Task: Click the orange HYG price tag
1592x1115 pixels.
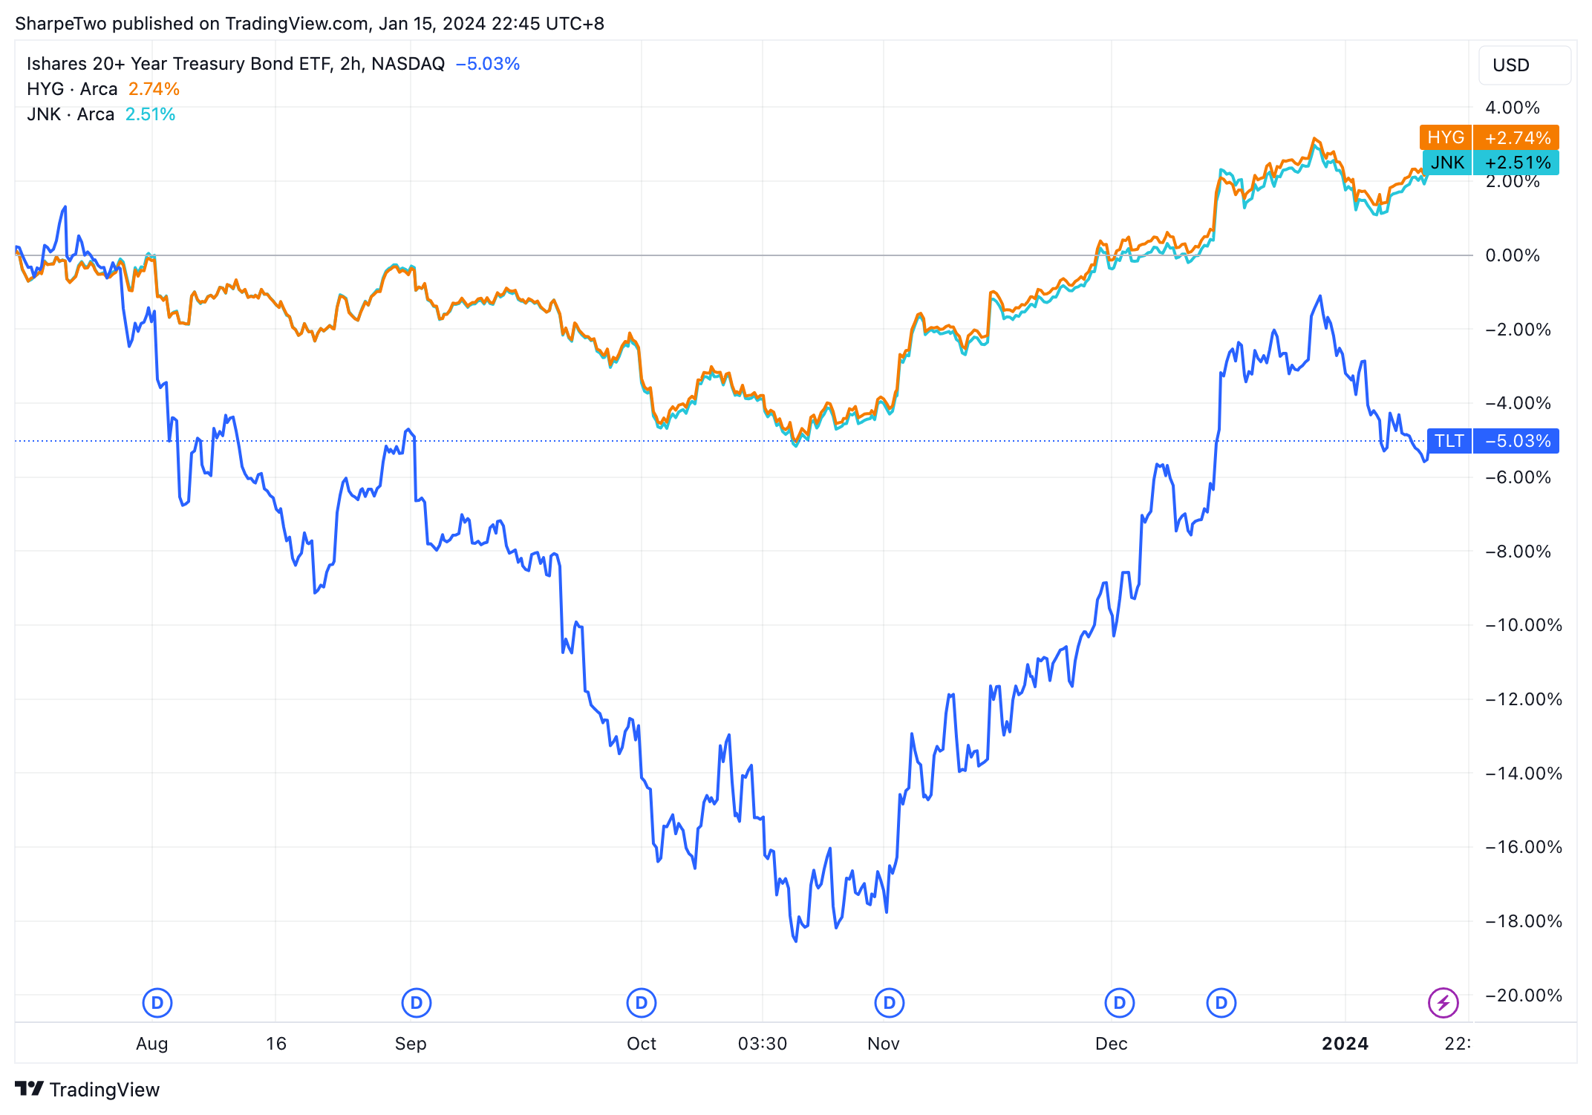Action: point(1488,137)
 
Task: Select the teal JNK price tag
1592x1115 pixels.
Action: point(1490,163)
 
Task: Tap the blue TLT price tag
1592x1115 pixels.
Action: point(1492,441)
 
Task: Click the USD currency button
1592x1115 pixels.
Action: point(1523,65)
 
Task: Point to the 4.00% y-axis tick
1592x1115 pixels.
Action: point(1512,108)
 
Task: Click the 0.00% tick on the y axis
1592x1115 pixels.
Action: point(1512,255)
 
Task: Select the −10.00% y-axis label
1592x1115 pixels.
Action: point(1523,625)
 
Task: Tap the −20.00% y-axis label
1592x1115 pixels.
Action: point(1523,995)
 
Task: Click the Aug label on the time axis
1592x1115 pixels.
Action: point(151,1044)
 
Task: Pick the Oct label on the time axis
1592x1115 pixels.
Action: point(641,1044)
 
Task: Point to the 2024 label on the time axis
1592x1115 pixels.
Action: point(1345,1044)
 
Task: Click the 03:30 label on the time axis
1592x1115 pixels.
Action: point(762,1044)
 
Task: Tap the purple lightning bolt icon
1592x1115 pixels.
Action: point(1443,1004)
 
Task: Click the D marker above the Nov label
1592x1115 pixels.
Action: point(889,1004)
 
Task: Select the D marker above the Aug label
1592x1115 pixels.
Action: point(157,1004)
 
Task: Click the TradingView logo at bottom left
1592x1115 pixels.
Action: point(87,1089)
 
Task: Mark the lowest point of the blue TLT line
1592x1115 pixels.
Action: point(796,941)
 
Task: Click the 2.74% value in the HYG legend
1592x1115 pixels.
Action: point(154,89)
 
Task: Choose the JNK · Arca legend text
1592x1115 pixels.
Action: point(71,114)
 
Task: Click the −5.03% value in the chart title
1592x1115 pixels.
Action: point(487,64)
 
